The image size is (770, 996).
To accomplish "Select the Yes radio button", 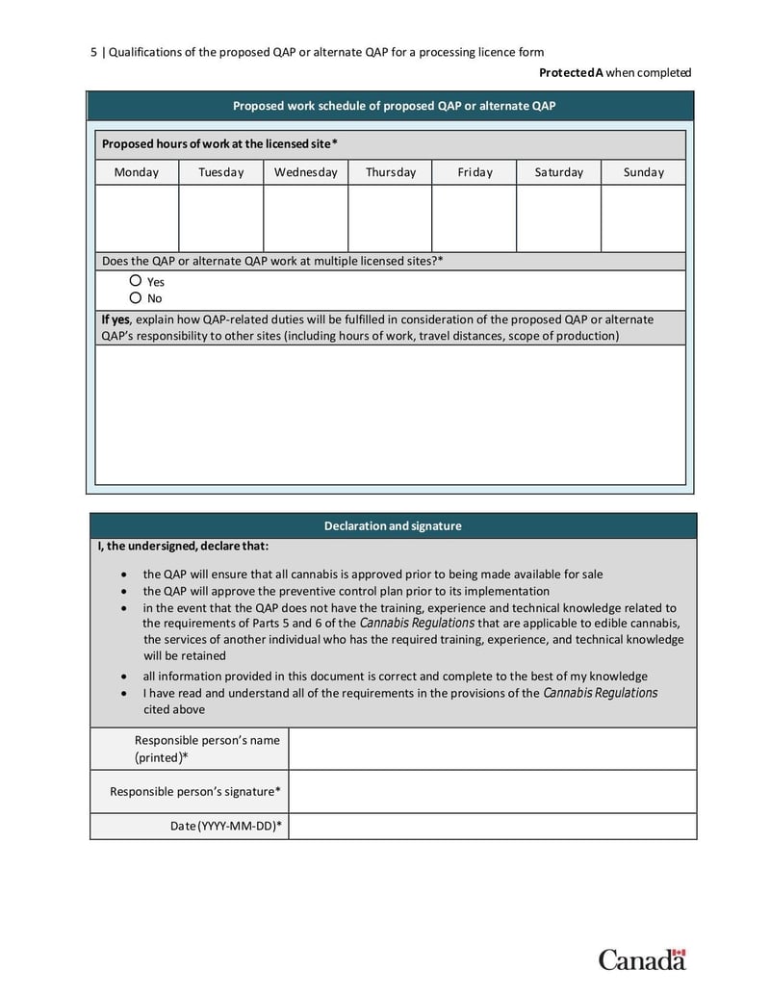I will tap(136, 281).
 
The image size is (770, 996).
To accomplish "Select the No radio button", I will tap(136, 297).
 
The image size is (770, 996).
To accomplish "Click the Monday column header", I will tap(137, 172).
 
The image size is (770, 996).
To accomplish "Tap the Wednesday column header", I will tap(305, 172).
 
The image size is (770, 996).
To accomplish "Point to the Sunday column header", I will tap(643, 172).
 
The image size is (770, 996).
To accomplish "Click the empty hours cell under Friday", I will tap(474, 218).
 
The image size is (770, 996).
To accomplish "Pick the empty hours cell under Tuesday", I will tap(220, 218).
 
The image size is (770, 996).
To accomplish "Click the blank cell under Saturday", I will tap(558, 218).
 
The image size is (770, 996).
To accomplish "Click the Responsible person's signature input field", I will tap(492, 792).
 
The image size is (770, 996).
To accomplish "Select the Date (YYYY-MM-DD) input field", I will tap(492, 826).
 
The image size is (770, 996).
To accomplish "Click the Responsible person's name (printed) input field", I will tap(492, 749).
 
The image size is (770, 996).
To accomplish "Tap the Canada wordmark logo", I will tap(642, 958).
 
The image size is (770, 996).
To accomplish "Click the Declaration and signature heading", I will tap(393, 526).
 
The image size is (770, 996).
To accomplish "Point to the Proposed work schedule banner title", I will tap(394, 106).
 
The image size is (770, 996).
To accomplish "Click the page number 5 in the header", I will tap(93, 52).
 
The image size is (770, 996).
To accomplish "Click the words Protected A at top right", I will tap(571, 72).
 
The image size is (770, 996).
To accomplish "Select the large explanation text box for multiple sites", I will tap(390, 414).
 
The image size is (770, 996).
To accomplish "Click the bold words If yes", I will tap(115, 319).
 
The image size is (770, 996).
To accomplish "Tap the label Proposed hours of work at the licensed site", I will tap(219, 144).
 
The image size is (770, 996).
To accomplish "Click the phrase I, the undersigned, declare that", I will tap(183, 547).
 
